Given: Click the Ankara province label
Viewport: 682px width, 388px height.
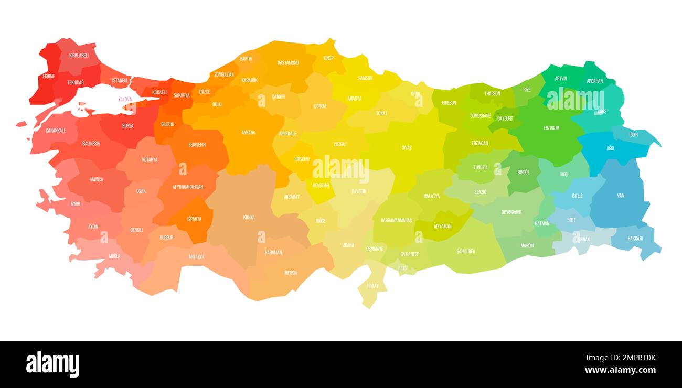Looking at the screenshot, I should (248, 133).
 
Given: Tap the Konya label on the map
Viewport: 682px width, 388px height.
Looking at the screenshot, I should (249, 217).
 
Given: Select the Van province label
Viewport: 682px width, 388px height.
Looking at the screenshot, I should (621, 196).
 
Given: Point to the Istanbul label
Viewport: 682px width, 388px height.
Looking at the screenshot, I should (120, 80).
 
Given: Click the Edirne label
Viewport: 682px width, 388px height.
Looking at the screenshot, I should (48, 76).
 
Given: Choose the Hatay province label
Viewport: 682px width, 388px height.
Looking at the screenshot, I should (372, 286).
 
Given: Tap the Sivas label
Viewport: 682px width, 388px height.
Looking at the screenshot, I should (407, 148).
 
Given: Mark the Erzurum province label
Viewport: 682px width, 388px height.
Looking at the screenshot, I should (551, 128).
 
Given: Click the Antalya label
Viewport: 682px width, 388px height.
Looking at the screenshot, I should (196, 257).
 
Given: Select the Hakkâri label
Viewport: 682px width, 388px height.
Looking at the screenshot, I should (634, 239).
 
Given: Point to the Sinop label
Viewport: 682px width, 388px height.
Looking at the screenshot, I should (328, 58).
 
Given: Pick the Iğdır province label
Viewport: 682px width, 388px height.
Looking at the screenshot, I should (634, 135).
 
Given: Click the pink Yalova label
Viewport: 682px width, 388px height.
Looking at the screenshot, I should (125, 99).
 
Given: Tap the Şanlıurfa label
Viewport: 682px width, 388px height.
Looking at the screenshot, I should (465, 252).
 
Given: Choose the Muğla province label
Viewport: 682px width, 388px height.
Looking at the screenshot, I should (114, 256).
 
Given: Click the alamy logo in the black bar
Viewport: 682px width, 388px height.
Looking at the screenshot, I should (52, 364).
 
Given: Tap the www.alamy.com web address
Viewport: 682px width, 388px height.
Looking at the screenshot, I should (620, 370).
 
